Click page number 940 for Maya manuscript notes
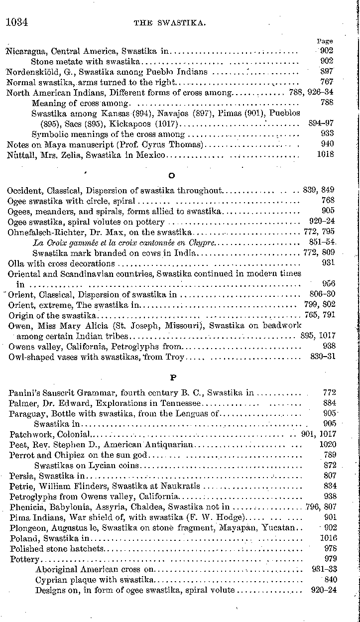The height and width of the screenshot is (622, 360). coord(327,144)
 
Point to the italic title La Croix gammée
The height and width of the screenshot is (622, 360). coord(65,243)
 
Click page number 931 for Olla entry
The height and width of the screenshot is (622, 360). coord(328,262)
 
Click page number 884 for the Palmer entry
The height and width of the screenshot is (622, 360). coord(330,403)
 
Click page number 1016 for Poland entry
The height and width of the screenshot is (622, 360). coord(329,538)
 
